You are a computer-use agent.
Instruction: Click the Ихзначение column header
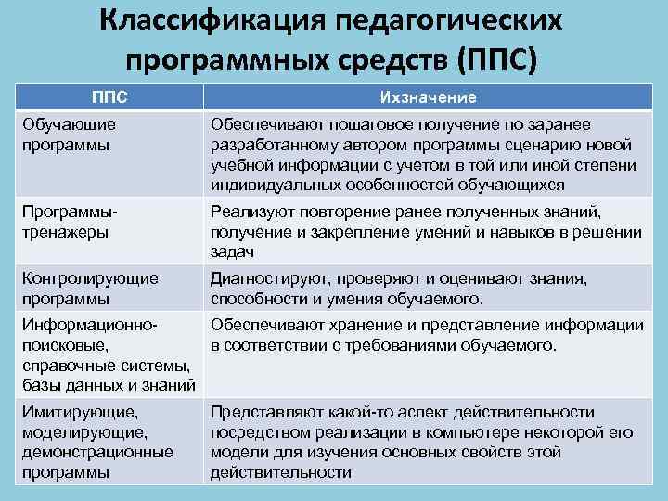[x=429, y=97]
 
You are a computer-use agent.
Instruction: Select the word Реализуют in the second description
[x=250, y=212]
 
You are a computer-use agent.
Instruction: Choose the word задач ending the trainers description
[x=233, y=252]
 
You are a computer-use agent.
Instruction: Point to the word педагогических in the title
[x=440, y=19]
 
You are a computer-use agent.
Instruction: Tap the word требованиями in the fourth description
[x=387, y=345]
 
